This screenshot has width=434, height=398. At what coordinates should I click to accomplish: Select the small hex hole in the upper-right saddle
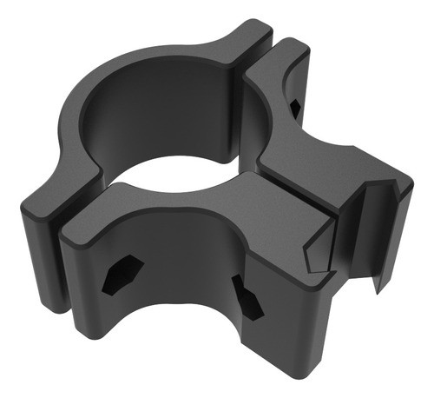point(296,107)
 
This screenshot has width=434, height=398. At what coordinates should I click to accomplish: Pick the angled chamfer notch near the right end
point(314,248)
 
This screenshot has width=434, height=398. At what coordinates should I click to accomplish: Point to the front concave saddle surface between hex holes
point(182,278)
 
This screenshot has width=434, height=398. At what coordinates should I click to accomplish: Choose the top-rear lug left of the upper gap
point(239,39)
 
